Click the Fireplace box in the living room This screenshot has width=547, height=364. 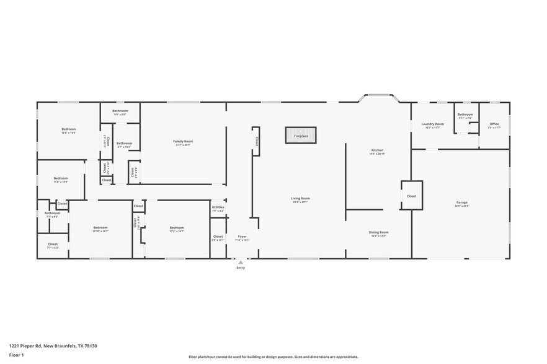coord(301,135)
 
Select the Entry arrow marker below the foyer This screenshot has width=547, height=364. coord(241,263)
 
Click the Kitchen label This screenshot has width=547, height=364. coord(377,151)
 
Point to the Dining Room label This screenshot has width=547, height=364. coord(379,233)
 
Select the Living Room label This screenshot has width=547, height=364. coord(300,199)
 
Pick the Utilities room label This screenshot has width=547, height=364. coord(218,208)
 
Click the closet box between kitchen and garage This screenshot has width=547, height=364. coord(411,196)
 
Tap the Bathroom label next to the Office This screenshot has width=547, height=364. coord(465,115)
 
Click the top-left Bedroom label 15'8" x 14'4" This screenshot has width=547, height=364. coord(68,130)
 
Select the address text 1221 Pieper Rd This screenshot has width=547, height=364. coord(53,346)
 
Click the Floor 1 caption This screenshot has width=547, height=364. coord(16,355)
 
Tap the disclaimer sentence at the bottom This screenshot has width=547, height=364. coord(273,357)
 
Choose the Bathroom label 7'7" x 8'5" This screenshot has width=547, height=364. coord(52,214)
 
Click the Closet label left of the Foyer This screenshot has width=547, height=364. coord(218,237)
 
